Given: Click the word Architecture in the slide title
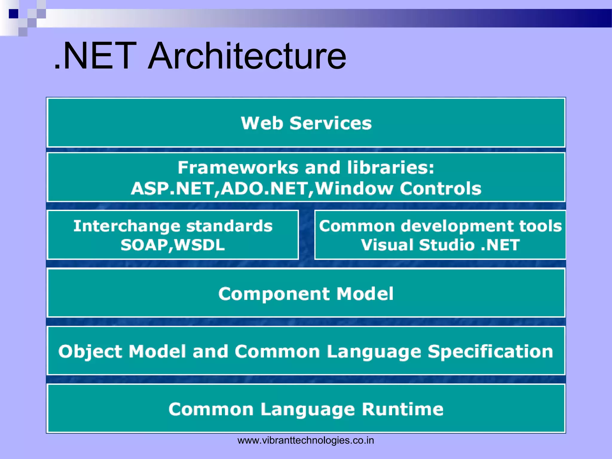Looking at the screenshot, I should pyautogui.click(x=247, y=56).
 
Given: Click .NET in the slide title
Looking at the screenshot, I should pyautogui.click(x=96, y=56).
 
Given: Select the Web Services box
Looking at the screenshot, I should pyautogui.click(x=306, y=123).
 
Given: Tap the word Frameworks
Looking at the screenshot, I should pyautogui.click(x=238, y=167).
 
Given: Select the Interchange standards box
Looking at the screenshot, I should pyautogui.click(x=173, y=235).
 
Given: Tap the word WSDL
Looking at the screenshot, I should pyautogui.click(x=199, y=245).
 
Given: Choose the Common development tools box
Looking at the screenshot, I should pyautogui.click(x=440, y=235).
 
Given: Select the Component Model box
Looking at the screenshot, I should pyautogui.click(x=306, y=293).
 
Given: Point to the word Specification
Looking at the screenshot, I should pyautogui.click(x=490, y=351).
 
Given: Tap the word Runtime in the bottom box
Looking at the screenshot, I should pyautogui.click(x=403, y=409).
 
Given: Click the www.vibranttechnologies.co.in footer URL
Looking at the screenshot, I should pyautogui.click(x=305, y=440).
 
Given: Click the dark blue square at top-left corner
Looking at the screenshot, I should pyautogui.click(x=13, y=14).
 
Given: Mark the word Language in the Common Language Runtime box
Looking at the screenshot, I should pyautogui.click(x=308, y=409).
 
